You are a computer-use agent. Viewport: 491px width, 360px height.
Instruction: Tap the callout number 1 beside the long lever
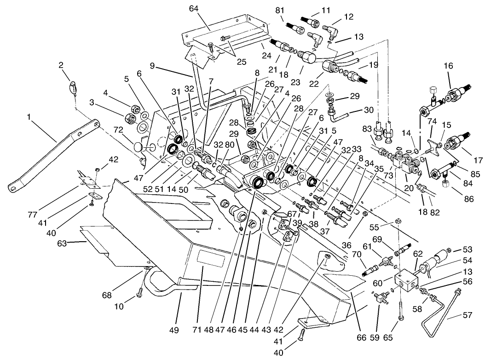[x=29, y=118]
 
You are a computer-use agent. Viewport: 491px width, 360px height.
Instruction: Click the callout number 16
[x=435, y=66]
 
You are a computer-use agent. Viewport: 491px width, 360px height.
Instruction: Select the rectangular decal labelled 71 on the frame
[x=211, y=266]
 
